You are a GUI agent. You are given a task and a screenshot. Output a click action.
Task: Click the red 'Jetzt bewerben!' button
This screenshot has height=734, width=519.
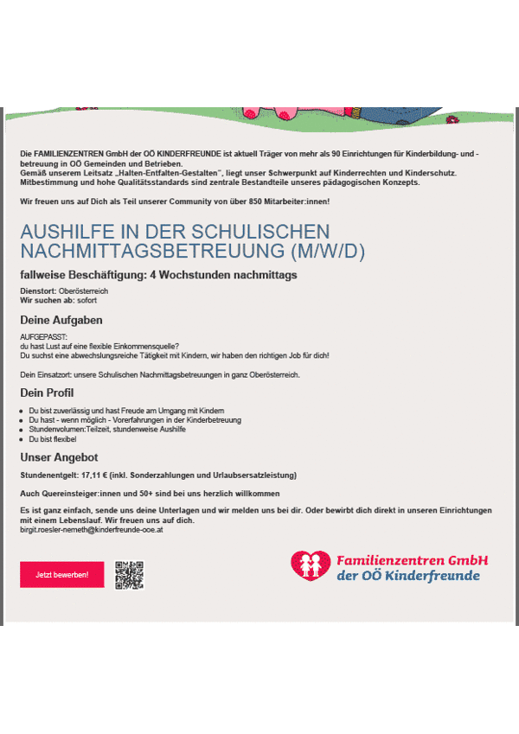(x=61, y=575)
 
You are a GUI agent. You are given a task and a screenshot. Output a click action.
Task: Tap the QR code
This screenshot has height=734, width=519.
(x=129, y=575)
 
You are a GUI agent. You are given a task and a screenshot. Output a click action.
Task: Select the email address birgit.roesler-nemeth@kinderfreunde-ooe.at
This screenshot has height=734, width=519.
(x=92, y=529)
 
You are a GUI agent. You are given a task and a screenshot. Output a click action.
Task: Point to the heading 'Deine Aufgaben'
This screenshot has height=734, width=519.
(x=55, y=320)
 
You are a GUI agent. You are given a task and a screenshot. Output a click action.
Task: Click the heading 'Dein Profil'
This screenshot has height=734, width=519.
(x=47, y=393)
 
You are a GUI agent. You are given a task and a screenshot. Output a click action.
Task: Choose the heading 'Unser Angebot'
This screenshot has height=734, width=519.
(x=59, y=456)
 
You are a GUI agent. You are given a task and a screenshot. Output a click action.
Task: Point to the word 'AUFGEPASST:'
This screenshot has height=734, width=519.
(x=43, y=336)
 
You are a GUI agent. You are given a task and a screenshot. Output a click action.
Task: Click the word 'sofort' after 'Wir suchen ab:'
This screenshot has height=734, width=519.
(x=86, y=300)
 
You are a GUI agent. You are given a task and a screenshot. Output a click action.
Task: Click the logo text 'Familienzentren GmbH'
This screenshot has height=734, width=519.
(x=412, y=560)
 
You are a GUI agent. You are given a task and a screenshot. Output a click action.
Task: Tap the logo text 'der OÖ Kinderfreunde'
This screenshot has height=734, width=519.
(x=407, y=577)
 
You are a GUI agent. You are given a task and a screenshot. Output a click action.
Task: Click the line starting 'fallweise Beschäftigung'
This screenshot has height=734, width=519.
(x=158, y=275)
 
